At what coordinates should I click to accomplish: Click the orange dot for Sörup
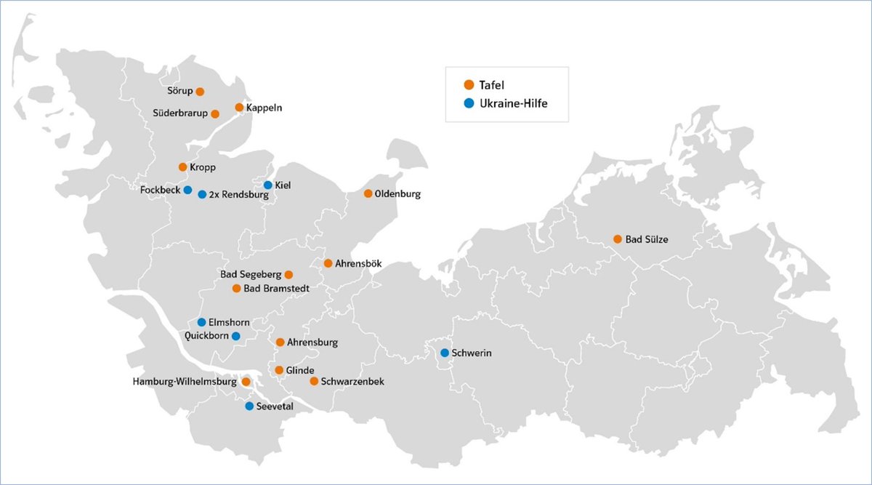(x=200, y=92)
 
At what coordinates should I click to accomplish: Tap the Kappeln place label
(x=264, y=108)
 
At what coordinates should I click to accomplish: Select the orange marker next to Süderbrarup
(x=215, y=113)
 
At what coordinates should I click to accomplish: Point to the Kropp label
(x=203, y=167)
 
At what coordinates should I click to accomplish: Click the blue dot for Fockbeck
(x=187, y=190)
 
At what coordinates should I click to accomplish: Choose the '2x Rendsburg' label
(x=238, y=195)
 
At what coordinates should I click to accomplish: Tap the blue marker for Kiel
(x=268, y=185)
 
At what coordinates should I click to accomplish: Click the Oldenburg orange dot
(x=368, y=193)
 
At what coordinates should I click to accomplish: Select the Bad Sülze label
(x=647, y=239)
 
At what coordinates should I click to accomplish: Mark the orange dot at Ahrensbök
(x=328, y=262)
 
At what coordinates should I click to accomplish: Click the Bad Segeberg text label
(x=251, y=275)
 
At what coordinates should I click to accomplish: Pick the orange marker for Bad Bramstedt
(x=236, y=289)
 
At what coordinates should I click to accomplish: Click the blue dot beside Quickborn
(x=235, y=336)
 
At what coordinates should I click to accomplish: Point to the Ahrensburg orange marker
(x=280, y=342)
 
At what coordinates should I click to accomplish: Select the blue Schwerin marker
(x=445, y=353)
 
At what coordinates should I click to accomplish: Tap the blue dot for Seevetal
(x=249, y=406)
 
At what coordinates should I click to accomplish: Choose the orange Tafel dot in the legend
(x=469, y=85)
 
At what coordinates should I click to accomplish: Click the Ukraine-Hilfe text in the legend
(x=513, y=104)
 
